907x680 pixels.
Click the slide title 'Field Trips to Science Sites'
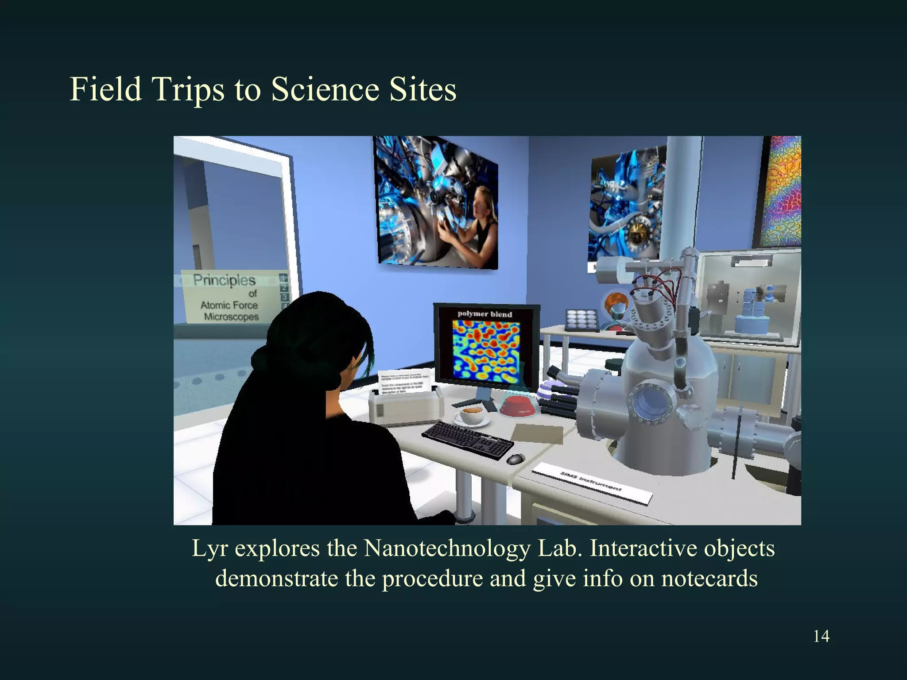[263, 89]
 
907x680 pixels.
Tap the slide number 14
[821, 636]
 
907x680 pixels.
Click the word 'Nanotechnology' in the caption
[447, 549]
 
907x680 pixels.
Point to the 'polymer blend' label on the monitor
[485, 314]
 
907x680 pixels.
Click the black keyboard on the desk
[468, 438]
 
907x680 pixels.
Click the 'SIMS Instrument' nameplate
[591, 483]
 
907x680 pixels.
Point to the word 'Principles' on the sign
[224, 280]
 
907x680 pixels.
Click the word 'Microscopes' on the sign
[231, 317]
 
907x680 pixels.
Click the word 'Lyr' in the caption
[209, 549]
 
